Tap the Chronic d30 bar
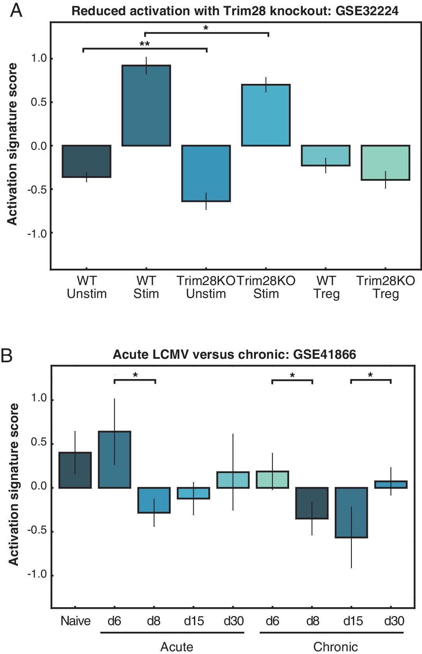click(x=391, y=484)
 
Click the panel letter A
click(x=16, y=10)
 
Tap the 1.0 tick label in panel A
click(x=39, y=58)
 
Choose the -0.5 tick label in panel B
click(x=37, y=531)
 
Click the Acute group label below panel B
click(x=177, y=647)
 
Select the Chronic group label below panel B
click(x=335, y=647)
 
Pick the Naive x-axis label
click(x=75, y=621)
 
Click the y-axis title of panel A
click(x=12, y=144)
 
